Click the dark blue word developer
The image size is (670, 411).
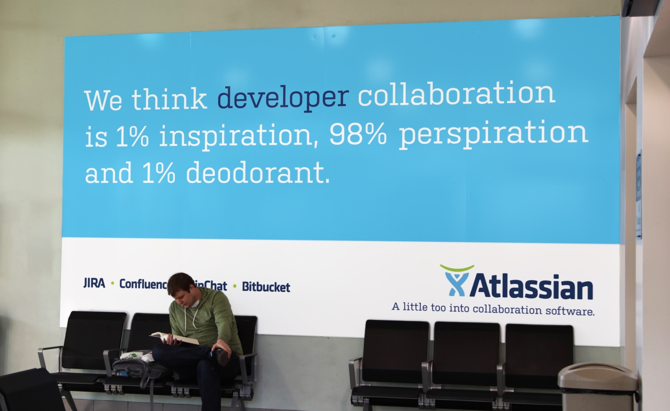click(282, 98)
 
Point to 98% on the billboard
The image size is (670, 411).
click(358, 134)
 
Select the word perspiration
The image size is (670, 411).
click(493, 134)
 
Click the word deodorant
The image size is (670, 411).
click(258, 173)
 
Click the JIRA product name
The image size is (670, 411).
click(94, 283)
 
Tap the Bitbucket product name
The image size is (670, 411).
click(266, 287)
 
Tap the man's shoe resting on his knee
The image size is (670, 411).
click(222, 356)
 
